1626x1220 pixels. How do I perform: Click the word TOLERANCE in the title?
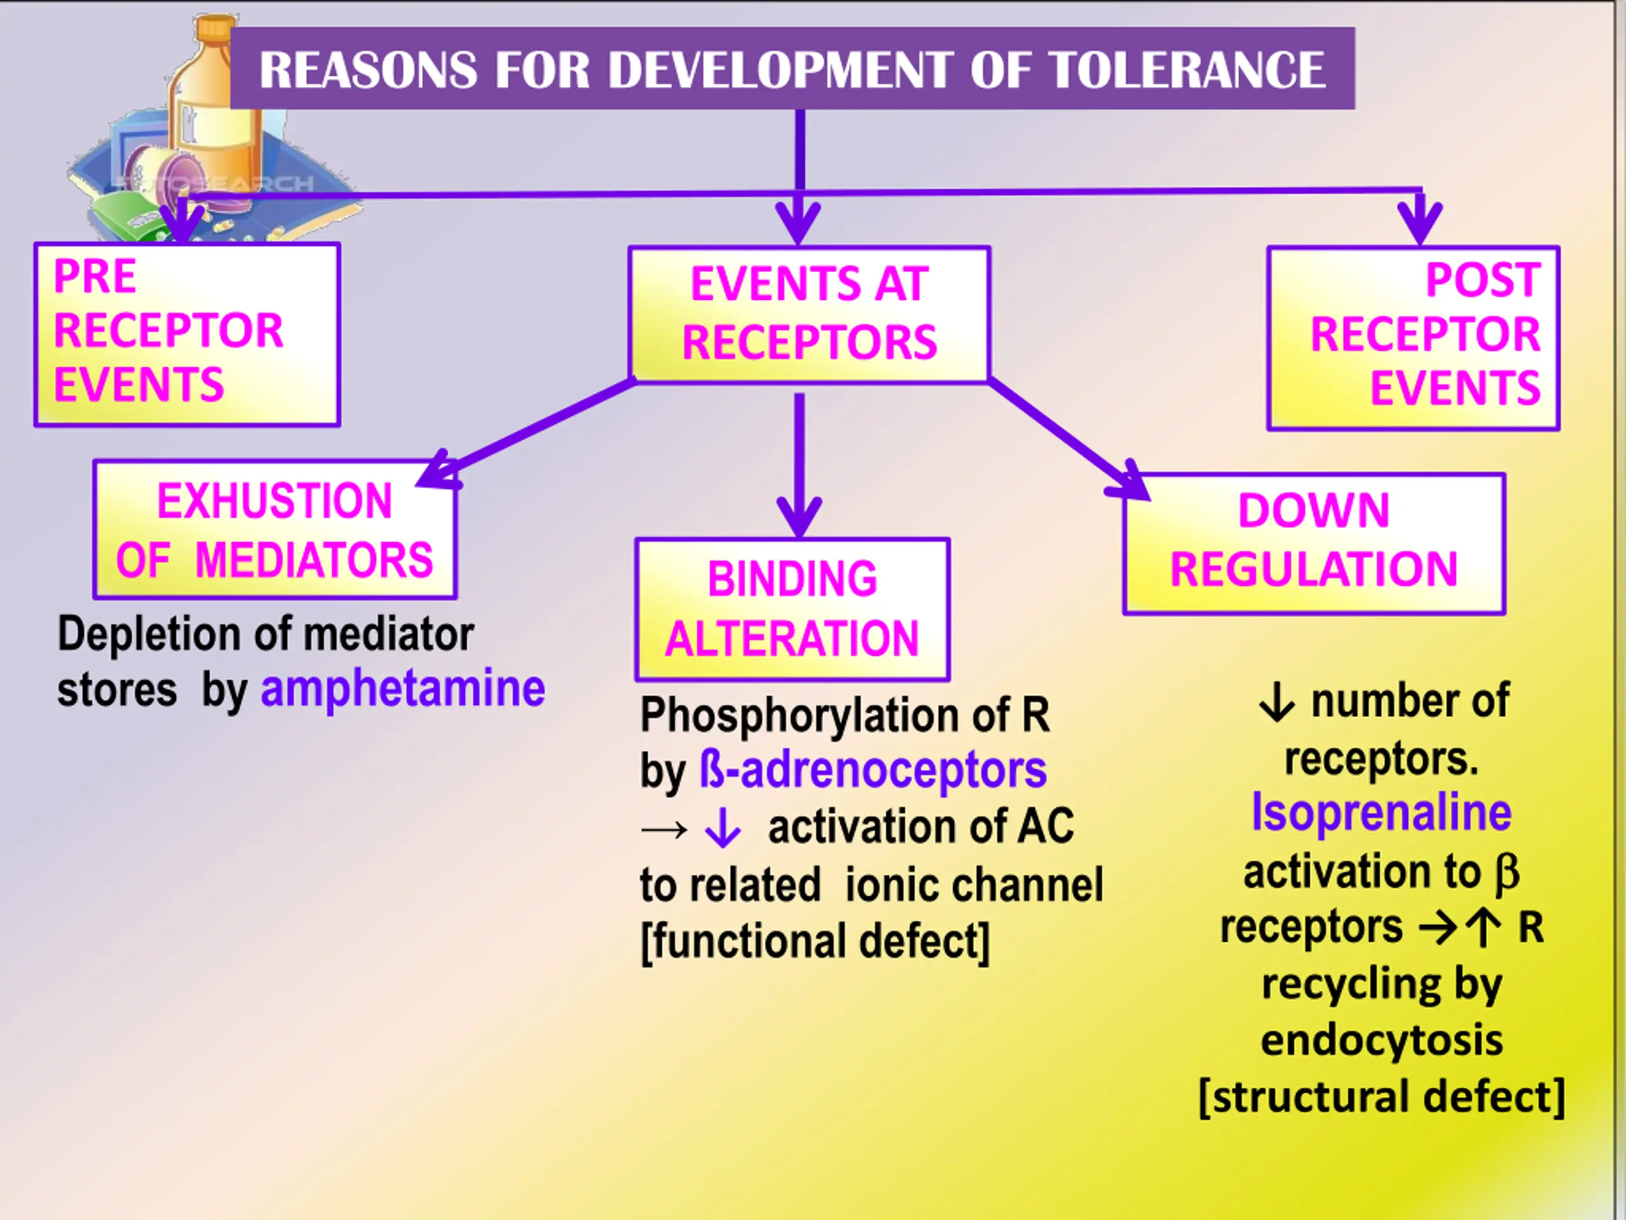point(1186,71)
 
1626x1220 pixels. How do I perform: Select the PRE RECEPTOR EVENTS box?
point(187,335)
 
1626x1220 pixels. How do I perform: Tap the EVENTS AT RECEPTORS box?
point(809,314)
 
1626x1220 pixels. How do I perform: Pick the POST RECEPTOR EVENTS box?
point(1413,337)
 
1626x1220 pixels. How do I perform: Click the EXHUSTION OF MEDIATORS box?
point(275,530)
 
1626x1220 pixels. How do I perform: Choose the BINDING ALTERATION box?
point(793,609)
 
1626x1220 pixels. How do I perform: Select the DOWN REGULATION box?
point(1314,543)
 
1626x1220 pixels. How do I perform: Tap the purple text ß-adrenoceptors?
point(873,771)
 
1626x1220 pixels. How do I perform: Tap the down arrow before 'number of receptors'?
point(1276,702)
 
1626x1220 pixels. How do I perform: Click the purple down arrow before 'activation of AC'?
point(723,828)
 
